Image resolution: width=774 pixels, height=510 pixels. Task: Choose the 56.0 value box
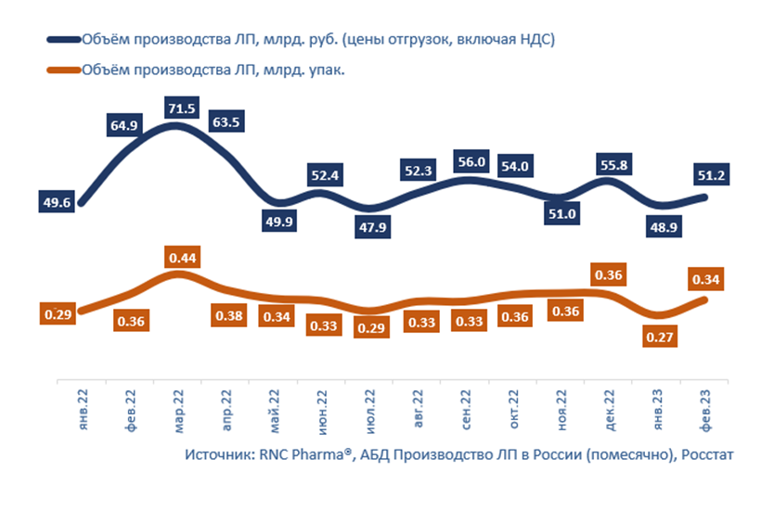click(x=471, y=160)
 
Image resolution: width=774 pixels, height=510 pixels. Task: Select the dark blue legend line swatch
click(x=61, y=40)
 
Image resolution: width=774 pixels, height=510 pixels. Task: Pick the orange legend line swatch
click(x=61, y=68)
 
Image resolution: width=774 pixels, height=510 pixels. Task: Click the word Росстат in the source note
click(x=680, y=454)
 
